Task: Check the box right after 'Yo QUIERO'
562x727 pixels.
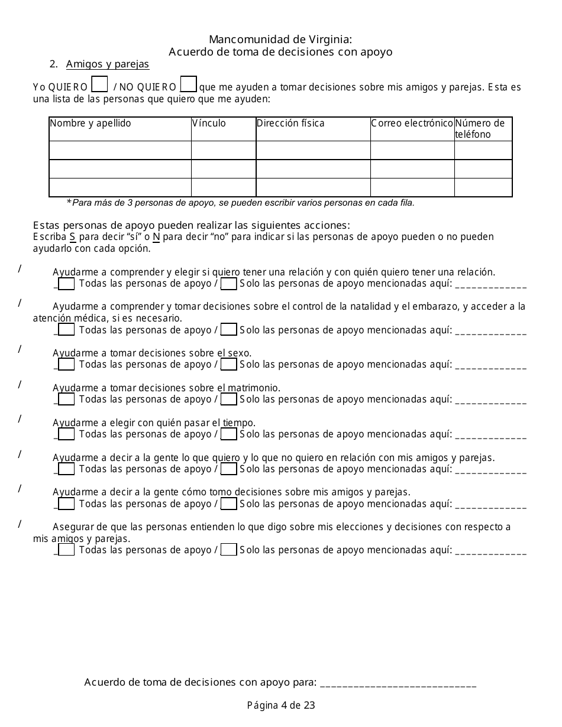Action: coord(101,85)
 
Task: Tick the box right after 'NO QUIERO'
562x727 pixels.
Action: coord(188,85)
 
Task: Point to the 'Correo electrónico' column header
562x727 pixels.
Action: coord(412,124)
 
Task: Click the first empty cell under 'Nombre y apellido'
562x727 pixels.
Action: coord(119,150)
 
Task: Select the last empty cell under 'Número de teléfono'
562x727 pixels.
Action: coord(483,187)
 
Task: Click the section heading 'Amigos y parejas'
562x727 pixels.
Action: coord(107,64)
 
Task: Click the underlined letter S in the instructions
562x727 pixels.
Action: coord(72,237)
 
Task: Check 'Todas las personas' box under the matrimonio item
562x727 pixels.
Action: coord(67,400)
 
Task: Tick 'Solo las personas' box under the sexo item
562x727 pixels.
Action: coord(228,365)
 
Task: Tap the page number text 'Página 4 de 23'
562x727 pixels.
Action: coord(281,705)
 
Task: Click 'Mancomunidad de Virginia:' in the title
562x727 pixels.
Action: coord(281,40)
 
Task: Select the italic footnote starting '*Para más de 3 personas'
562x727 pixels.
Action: coord(241,203)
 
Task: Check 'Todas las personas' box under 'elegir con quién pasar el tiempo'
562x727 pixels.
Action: coord(67,434)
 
